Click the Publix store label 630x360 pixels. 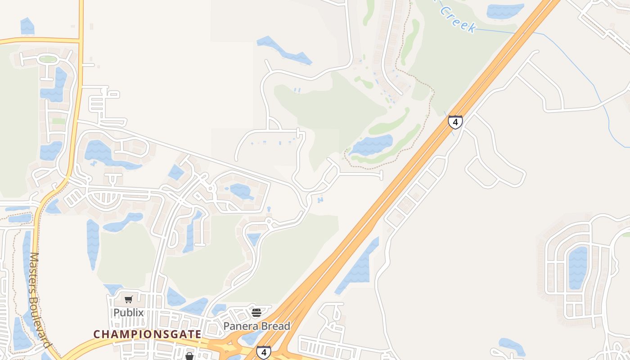tap(128, 312)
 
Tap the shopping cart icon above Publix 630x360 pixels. tap(129, 300)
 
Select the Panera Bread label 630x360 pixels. tap(257, 326)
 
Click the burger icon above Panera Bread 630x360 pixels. tap(256, 312)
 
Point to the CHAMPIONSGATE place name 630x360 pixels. tap(147, 334)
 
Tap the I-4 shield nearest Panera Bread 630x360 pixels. tap(264, 352)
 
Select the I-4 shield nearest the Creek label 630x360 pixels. tap(455, 122)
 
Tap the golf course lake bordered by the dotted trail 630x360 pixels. tap(372, 145)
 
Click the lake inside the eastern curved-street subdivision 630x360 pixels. tap(578, 267)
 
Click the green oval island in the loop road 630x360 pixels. tap(48, 59)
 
